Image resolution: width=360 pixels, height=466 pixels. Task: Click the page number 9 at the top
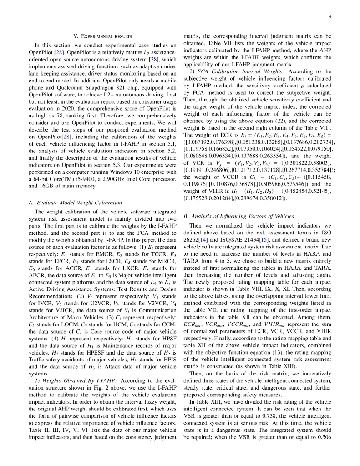click(330, 17)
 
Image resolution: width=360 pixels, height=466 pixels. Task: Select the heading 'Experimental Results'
click(102, 35)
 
